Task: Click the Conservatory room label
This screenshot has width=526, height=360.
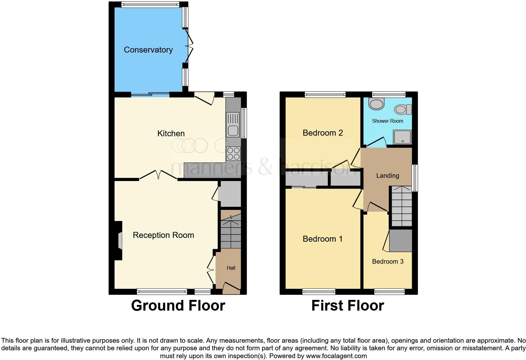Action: point(148,50)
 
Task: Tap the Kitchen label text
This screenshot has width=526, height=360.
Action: point(171,133)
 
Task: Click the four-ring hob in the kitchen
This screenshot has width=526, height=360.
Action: point(233,154)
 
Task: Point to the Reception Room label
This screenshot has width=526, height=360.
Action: point(163,235)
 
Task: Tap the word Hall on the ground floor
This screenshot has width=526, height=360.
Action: point(231,268)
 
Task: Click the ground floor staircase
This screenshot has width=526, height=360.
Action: point(231,234)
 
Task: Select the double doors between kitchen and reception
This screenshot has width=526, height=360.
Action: point(159,175)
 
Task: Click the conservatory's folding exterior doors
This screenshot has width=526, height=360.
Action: point(190,47)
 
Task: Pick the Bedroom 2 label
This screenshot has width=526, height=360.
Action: point(322,133)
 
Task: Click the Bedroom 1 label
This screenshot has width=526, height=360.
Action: point(322,239)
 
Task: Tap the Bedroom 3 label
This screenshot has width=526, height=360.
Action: point(388,262)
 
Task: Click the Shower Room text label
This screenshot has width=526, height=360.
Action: point(387,121)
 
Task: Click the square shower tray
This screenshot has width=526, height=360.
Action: point(402,137)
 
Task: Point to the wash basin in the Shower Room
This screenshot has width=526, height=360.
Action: point(376,104)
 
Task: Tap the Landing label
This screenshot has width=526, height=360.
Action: point(388,176)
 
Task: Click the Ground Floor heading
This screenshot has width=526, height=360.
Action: point(178,306)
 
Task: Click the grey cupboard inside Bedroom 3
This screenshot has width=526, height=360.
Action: point(400,241)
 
